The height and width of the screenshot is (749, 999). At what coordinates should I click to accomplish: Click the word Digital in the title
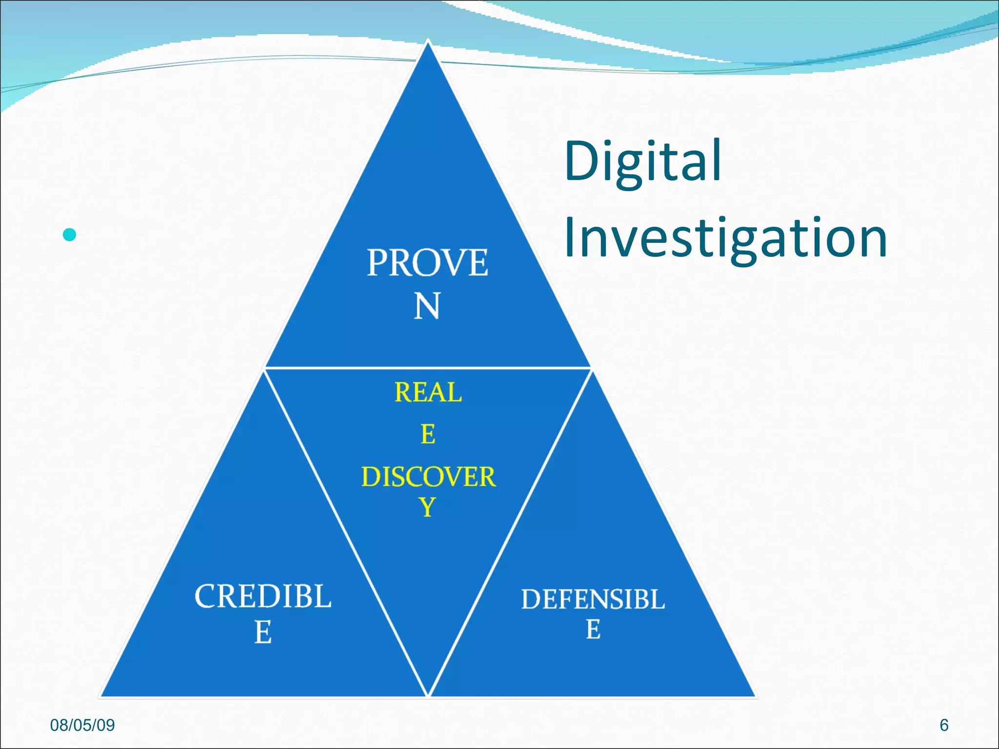pos(643,161)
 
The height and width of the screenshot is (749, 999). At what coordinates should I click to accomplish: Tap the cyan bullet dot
pos(70,235)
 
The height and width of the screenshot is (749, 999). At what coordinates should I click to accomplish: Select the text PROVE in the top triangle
pos(427,263)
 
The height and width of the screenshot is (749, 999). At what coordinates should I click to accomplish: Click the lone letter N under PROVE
pos(427,306)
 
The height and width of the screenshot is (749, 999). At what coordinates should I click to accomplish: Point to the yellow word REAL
pos(428,393)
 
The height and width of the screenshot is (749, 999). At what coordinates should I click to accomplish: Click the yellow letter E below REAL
pos(428,434)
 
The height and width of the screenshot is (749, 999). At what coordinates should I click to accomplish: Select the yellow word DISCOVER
pos(428,477)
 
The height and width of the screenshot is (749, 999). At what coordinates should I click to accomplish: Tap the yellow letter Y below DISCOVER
pos(427,508)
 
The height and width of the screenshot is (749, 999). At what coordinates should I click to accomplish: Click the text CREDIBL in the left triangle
pos(263,596)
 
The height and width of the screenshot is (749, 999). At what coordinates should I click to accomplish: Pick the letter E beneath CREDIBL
pos(263,632)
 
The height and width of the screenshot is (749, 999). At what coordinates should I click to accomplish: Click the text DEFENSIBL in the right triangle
pos(593,599)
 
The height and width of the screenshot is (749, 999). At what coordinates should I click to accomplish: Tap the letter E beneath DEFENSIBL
pos(593,630)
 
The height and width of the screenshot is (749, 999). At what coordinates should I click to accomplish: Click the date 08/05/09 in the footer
pos(82,725)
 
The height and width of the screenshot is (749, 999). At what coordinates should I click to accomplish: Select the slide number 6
pos(944,725)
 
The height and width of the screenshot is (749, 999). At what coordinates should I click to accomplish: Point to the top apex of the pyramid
pos(428,41)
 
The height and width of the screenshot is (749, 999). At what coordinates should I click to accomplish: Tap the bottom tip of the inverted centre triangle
pos(428,694)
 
